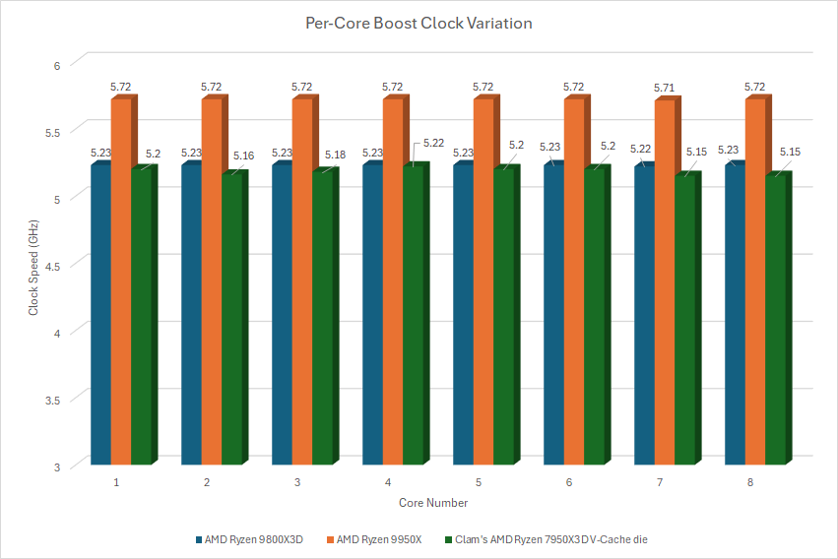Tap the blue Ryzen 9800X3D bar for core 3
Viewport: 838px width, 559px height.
click(x=282, y=315)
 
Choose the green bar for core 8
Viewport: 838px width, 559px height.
click(x=774, y=320)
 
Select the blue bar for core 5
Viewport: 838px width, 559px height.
click(x=463, y=315)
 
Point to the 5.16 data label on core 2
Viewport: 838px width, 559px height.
click(x=243, y=155)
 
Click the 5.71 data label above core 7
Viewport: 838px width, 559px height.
click(x=665, y=89)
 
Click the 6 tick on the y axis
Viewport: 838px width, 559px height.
click(x=57, y=65)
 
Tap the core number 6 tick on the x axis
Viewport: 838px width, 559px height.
click(x=569, y=483)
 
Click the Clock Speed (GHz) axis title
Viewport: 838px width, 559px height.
click(x=32, y=266)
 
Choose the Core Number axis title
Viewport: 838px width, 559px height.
click(x=433, y=503)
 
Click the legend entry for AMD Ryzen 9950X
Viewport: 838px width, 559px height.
click(x=377, y=539)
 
